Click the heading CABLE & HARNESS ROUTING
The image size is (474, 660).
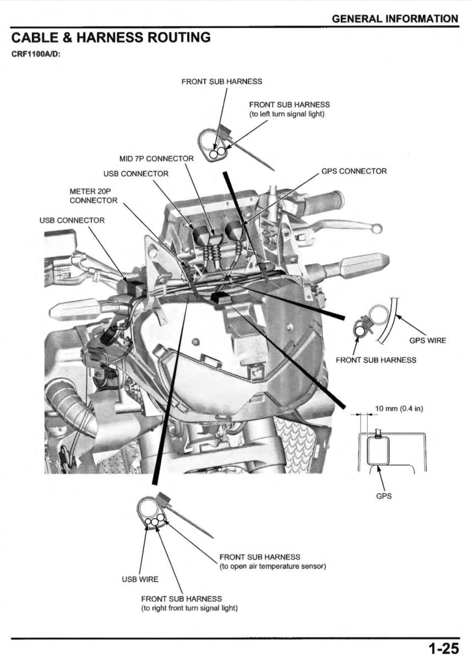click(x=111, y=38)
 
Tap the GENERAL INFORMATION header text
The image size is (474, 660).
click(x=394, y=19)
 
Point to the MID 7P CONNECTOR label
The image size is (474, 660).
click(x=156, y=158)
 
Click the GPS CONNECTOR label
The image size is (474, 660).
click(x=353, y=171)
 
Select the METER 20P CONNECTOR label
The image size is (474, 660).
click(x=93, y=195)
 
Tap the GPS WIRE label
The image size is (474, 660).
click(x=427, y=340)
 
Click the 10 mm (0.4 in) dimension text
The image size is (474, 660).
click(x=399, y=409)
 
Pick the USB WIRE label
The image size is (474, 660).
click(x=140, y=579)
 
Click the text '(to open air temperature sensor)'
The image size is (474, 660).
click(x=273, y=566)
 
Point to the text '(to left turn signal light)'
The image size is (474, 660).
click(x=287, y=114)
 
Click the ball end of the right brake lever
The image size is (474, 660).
click(x=376, y=228)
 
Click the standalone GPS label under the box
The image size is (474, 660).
click(x=384, y=496)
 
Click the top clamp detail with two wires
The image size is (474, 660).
click(x=214, y=146)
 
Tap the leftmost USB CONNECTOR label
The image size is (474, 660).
click(x=72, y=220)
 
